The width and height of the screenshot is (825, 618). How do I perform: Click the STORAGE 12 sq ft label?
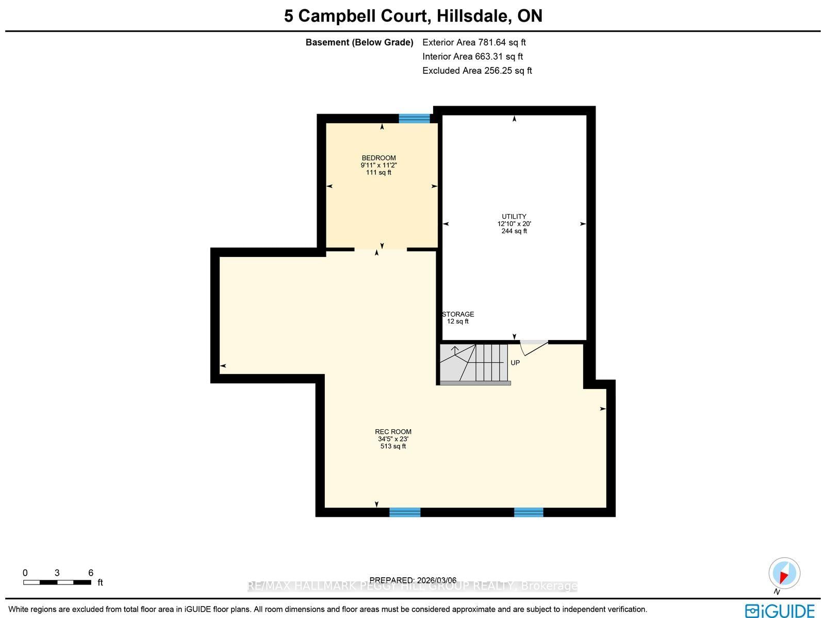458,318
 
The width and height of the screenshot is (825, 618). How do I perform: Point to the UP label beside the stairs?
515,363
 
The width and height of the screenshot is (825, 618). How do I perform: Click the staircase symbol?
474,363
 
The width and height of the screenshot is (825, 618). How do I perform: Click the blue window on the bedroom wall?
414,118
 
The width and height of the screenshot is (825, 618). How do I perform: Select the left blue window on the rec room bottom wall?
405,512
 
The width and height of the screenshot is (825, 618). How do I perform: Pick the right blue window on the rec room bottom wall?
529,512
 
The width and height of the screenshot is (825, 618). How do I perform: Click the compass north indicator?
784,574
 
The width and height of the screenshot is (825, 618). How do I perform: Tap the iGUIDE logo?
780,611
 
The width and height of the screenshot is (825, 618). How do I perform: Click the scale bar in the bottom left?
57,582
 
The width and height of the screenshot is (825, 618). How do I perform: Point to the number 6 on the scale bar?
91,573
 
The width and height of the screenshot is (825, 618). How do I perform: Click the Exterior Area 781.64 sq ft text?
474,42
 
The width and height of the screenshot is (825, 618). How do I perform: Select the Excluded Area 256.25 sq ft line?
477,71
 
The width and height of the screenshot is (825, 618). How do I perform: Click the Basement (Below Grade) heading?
359,42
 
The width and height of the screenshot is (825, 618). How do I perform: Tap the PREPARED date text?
412,580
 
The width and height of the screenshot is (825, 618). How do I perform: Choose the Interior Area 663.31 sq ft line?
472,57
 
